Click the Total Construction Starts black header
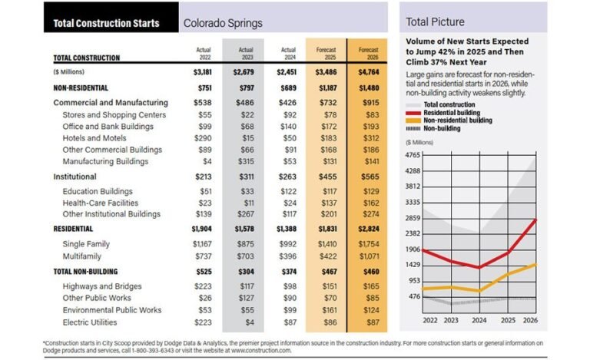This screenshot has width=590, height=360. coord(106,23)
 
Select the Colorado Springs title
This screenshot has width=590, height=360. coord(223,23)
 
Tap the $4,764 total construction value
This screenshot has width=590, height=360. coord(366,72)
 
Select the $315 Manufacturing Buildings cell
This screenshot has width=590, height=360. coord(247,163)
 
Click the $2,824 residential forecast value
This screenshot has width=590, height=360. coord(366,229)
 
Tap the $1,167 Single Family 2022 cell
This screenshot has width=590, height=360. coord(203,243)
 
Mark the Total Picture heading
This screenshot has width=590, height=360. coord(436,21)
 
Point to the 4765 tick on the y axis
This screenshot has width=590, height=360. coord(413,155)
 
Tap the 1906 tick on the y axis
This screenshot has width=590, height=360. coord(413,249)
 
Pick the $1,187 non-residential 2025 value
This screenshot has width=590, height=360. coord(324,88)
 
